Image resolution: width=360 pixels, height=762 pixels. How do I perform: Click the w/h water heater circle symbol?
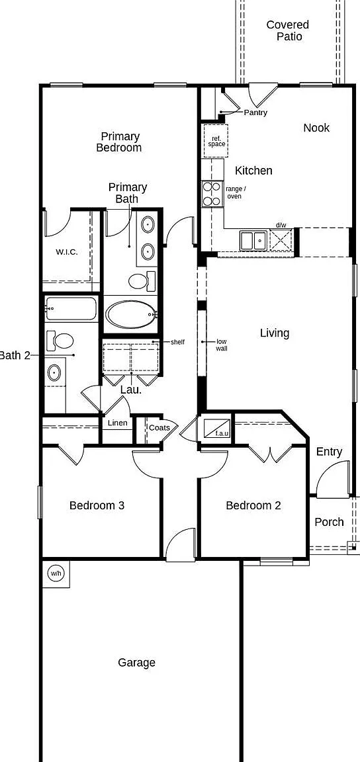56,573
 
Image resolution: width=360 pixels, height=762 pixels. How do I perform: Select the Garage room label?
137,662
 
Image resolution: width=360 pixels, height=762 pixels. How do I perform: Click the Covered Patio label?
287,30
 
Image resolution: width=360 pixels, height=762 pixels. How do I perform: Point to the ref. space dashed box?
216,141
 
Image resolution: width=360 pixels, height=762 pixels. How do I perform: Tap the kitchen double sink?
253,240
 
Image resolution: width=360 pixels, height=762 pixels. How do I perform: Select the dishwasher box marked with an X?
281,240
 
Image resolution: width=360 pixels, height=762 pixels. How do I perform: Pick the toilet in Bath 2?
60,340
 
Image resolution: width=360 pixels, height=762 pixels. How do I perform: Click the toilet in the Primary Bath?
142,281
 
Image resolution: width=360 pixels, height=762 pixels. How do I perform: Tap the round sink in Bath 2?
54,374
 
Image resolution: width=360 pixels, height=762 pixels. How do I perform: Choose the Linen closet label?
117,423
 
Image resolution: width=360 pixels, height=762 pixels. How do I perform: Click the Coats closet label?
159,428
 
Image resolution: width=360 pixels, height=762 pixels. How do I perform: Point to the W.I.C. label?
67,252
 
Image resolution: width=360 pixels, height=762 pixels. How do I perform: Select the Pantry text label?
255,112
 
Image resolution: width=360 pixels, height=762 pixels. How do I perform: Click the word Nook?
316,128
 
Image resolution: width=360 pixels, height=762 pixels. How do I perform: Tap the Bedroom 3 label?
97,505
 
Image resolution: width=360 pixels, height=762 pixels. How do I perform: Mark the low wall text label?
221,345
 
